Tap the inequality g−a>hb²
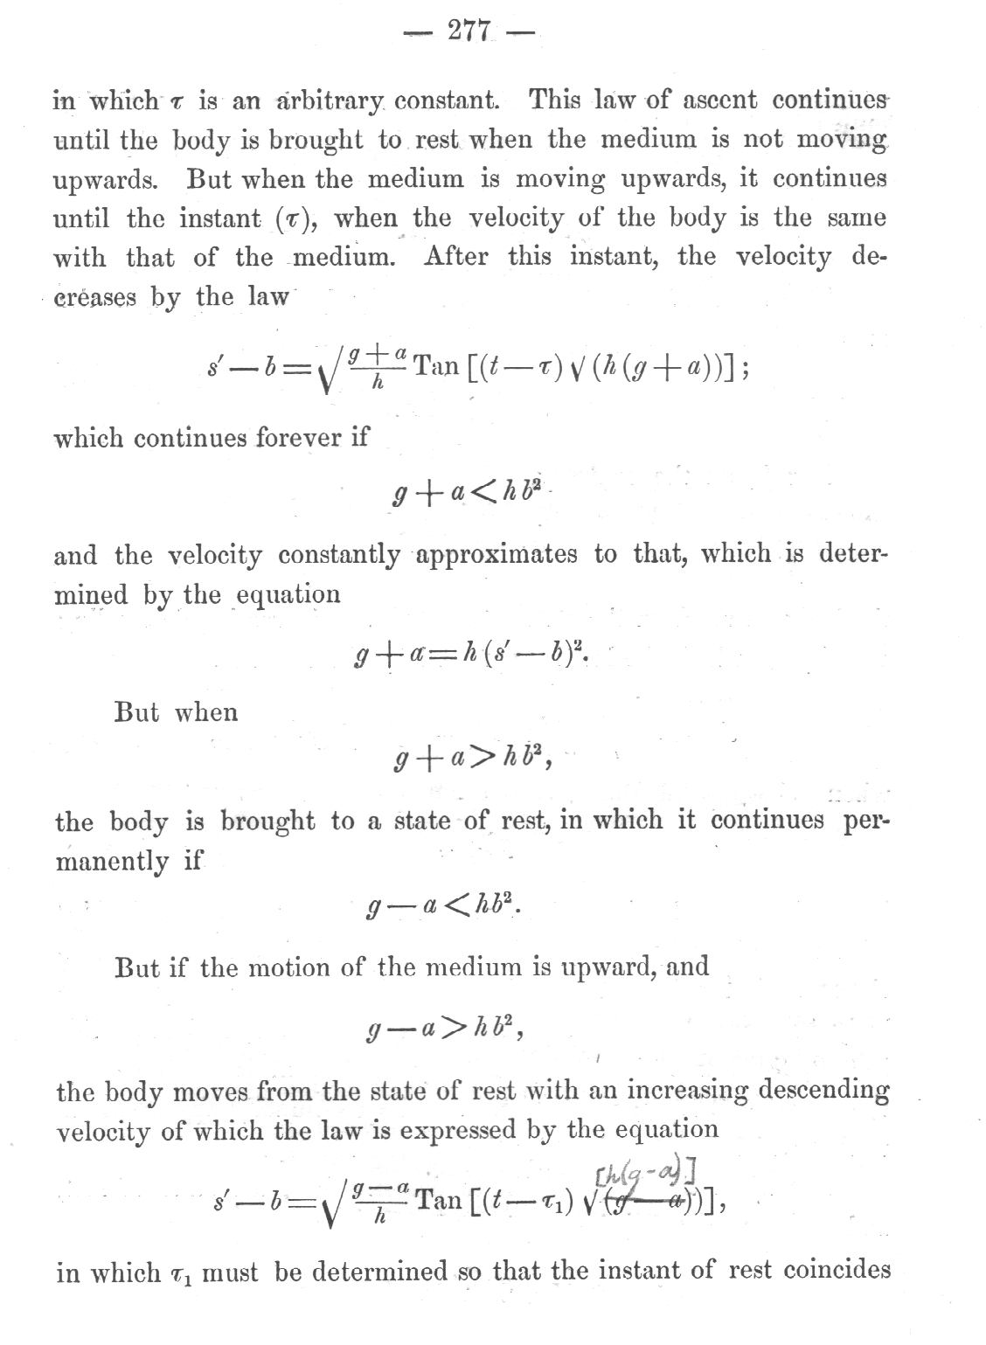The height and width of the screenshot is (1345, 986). pyautogui.click(x=445, y=1030)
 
